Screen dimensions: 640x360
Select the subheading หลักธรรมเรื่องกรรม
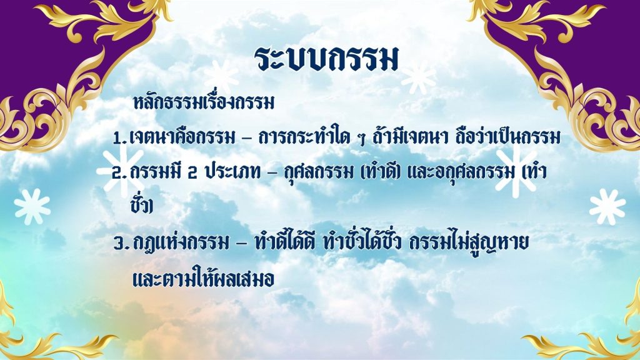point(204,103)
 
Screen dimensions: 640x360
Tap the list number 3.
point(119,244)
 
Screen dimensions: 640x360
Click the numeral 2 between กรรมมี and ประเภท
point(192,174)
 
